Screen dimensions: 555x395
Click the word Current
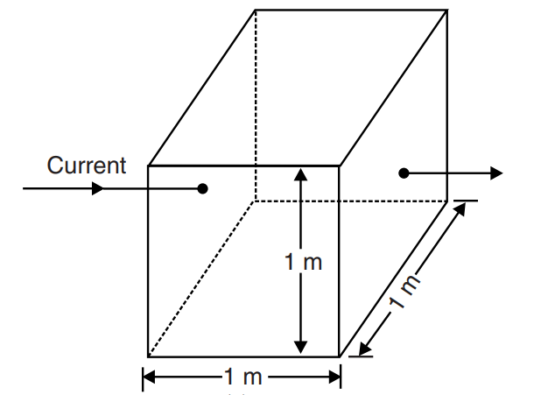point(87,165)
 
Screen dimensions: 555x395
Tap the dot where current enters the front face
point(203,188)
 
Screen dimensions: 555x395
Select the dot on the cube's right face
point(404,173)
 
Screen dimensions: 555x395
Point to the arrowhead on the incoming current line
point(96,188)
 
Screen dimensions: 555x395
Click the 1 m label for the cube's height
point(303,262)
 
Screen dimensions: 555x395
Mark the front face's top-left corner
point(148,165)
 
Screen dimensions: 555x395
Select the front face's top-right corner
point(340,165)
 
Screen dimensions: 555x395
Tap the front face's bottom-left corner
point(148,356)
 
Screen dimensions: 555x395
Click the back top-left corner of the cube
point(256,11)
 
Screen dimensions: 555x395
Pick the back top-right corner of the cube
point(447,11)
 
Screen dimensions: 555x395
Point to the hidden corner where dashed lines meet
point(256,201)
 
